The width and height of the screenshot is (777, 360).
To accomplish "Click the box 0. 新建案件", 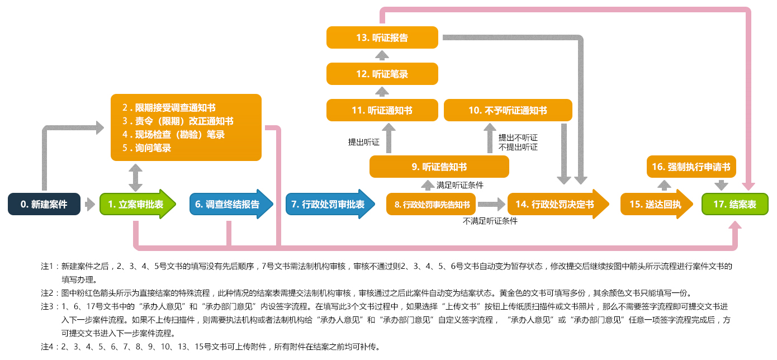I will (x=44, y=205).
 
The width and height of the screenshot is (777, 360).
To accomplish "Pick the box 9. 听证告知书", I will (x=439, y=167).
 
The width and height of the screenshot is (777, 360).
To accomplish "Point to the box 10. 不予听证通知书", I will (x=508, y=110).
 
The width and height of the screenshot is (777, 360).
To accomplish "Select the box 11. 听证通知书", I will (x=382, y=110).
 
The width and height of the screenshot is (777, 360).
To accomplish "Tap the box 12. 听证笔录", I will (x=382, y=73).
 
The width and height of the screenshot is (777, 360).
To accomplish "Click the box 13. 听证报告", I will (x=382, y=37).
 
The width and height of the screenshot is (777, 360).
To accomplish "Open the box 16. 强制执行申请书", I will (x=691, y=167).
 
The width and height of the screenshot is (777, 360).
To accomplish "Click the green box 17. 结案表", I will (x=735, y=205).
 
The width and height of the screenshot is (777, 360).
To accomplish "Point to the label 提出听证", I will (x=363, y=142).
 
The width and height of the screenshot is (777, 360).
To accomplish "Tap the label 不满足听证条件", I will (x=490, y=221).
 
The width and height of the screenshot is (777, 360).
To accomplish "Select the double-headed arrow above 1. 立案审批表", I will (x=135, y=177).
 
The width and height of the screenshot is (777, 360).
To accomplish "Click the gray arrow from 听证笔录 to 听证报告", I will (x=382, y=55).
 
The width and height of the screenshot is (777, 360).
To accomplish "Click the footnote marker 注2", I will (x=49, y=292).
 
